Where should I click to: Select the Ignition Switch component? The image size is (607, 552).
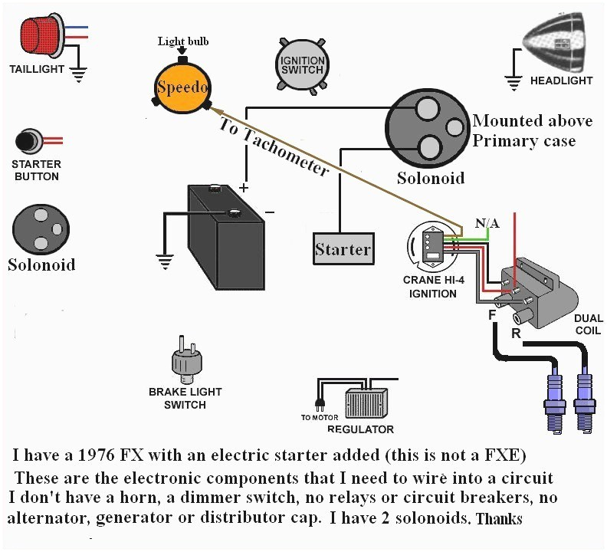pyautogui.click(x=302, y=65)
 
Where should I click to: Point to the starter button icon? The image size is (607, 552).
pyautogui.click(x=28, y=142)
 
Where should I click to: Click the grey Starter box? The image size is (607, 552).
pyautogui.click(x=343, y=249)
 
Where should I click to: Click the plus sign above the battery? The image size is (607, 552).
pyautogui.click(x=244, y=188)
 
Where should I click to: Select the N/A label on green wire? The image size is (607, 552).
pyautogui.click(x=487, y=223)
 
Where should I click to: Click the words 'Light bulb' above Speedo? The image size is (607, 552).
pyautogui.click(x=183, y=41)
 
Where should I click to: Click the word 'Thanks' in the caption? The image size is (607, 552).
pyautogui.click(x=499, y=519)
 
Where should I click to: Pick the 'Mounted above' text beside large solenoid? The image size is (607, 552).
pyautogui.click(x=532, y=120)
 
